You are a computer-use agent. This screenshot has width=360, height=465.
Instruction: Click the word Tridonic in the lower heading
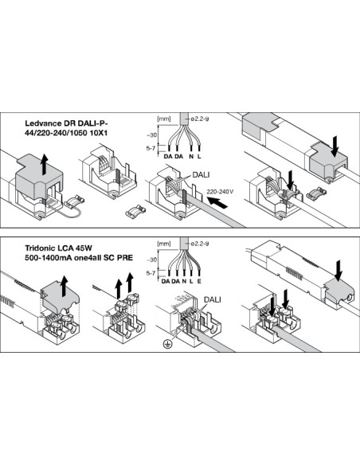[38, 248]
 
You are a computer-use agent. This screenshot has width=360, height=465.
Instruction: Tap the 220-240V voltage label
[220, 192]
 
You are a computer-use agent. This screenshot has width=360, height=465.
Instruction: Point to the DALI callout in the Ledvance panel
[201, 174]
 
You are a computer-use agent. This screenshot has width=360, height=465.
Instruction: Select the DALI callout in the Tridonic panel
[213, 299]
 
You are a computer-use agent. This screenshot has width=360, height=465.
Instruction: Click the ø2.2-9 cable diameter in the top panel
[200, 119]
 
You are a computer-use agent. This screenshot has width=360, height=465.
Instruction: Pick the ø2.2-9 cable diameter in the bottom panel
[200, 244]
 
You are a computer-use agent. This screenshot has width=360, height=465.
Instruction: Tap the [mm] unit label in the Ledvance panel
[164, 119]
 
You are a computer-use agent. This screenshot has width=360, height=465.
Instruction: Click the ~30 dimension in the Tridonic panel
[151, 260]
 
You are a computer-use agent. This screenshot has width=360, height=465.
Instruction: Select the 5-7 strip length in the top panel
[151, 148]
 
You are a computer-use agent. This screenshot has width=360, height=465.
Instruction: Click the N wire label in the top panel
[191, 156]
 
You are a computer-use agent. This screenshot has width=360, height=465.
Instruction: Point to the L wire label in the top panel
[199, 156]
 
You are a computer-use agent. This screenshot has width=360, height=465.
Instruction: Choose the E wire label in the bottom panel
[199, 281]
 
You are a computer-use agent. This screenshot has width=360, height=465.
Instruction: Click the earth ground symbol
[167, 344]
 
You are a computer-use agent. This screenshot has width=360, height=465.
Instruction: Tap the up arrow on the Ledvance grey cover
[45, 164]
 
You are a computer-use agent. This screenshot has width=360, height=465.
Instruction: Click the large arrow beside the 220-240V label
[217, 203]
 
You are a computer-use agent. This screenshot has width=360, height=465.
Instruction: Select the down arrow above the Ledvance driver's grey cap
[335, 147]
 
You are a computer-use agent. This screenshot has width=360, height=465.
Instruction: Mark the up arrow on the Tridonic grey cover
[64, 286]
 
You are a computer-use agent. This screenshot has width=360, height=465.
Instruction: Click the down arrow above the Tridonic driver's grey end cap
[338, 271]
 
